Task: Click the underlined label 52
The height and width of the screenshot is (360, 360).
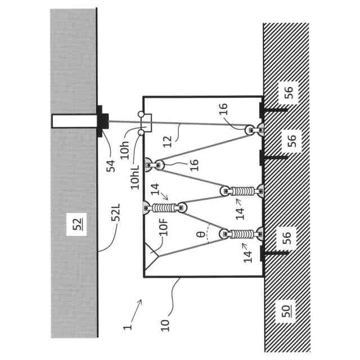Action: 77,226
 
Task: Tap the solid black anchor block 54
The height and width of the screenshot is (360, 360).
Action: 103,120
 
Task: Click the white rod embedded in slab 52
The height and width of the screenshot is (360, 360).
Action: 74,120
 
